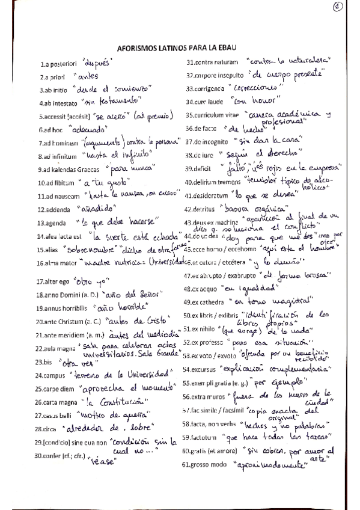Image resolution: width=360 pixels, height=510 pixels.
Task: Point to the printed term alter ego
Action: (55, 281)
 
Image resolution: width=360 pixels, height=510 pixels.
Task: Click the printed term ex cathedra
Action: (214, 301)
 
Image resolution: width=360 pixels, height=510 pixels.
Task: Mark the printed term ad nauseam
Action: (59, 195)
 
